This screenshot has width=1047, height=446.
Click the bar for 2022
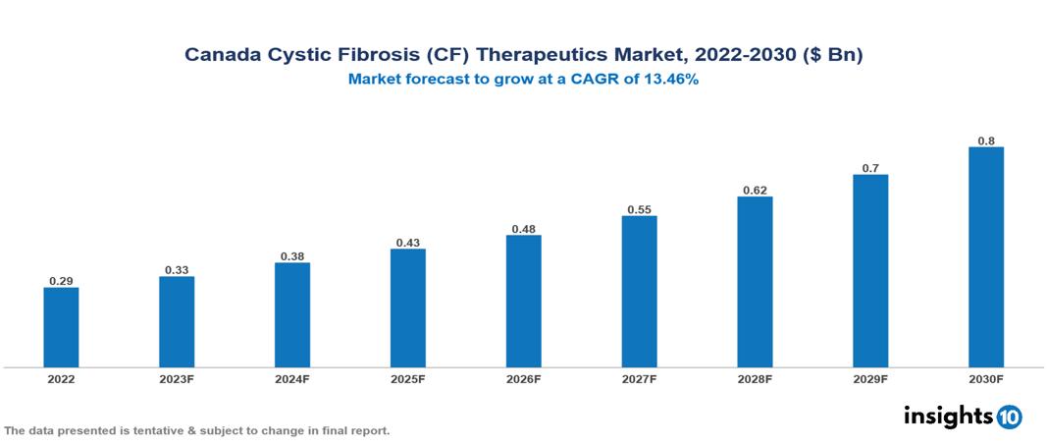point(61,327)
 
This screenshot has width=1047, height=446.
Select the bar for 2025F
point(408,307)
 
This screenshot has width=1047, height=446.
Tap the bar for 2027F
point(639,292)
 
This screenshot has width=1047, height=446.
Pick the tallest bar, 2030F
point(986,257)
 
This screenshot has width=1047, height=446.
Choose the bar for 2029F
point(870,271)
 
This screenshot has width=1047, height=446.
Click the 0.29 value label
point(61,281)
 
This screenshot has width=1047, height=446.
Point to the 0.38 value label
point(292,255)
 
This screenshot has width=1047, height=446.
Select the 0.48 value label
point(523,229)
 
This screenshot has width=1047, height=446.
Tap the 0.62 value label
point(755,190)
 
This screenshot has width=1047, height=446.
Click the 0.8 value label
point(986,140)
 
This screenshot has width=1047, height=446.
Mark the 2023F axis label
point(177,378)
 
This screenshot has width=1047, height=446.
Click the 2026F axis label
point(523,378)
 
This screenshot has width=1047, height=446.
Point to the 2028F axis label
point(755,378)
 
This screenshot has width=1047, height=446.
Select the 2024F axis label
point(292,378)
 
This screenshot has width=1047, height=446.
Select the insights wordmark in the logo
point(947,417)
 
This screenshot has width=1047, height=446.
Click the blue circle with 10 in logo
point(1010,418)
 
